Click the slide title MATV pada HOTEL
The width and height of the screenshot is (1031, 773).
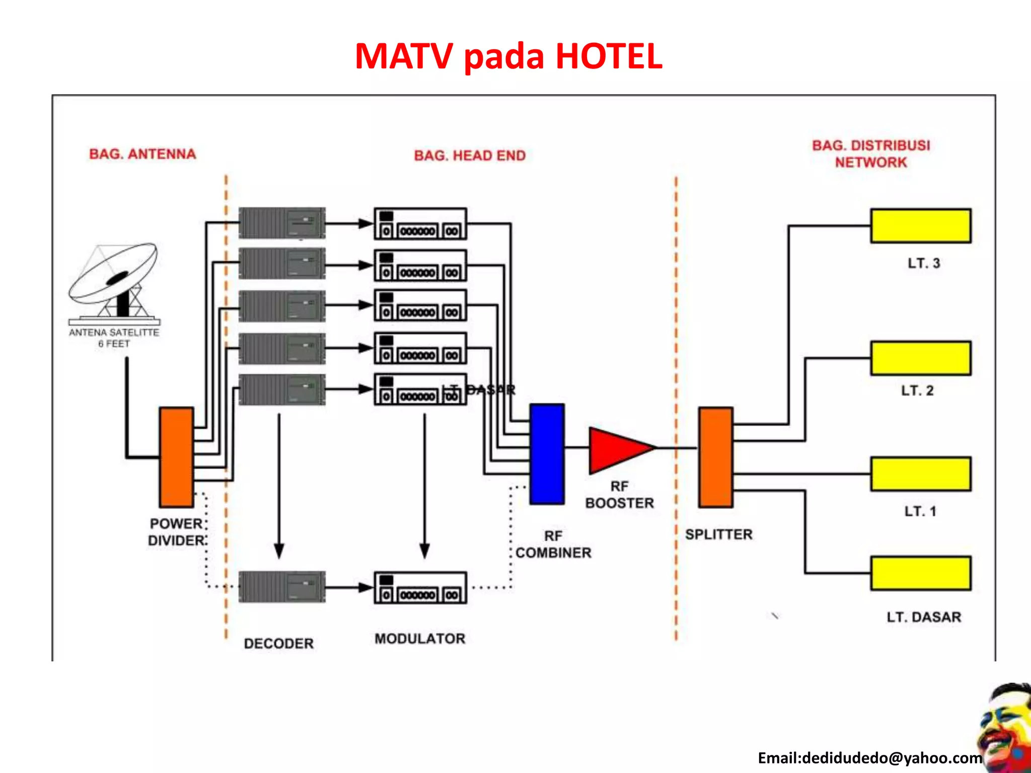click(508, 56)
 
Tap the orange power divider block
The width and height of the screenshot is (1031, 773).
click(176, 457)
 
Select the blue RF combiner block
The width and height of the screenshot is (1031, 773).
click(547, 453)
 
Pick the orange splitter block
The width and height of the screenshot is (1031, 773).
click(715, 457)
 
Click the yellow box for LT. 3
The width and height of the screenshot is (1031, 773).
click(921, 226)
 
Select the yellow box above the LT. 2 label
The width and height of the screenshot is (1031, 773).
click(921, 358)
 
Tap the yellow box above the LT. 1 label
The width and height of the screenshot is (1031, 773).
click(921, 474)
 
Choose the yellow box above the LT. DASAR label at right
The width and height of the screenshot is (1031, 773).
click(921, 573)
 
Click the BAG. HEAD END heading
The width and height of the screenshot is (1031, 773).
click(470, 156)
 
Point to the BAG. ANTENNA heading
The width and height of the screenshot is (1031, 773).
click(142, 154)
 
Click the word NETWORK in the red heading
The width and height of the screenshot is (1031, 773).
click(871, 163)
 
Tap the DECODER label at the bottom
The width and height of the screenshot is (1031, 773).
click(278, 643)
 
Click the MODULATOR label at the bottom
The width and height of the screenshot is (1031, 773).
click(420, 639)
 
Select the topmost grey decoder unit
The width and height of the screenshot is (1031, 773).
click(282, 223)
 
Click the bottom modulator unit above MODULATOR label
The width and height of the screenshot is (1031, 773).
click(420, 587)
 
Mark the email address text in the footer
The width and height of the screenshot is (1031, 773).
click(870, 758)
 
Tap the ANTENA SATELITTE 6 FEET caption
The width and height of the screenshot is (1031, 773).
click(114, 338)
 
